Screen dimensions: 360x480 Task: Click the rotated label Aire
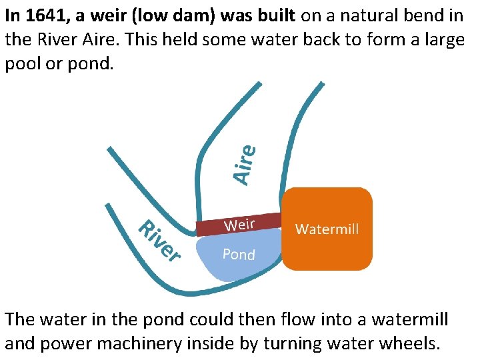point(245,164)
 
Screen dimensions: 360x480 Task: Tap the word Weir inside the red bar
point(240,223)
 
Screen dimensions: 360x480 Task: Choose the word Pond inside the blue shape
point(239,254)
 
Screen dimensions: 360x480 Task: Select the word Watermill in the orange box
point(327,229)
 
